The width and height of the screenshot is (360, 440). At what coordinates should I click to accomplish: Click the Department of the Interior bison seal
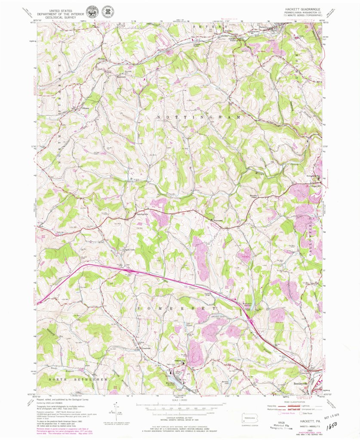click(91, 12)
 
